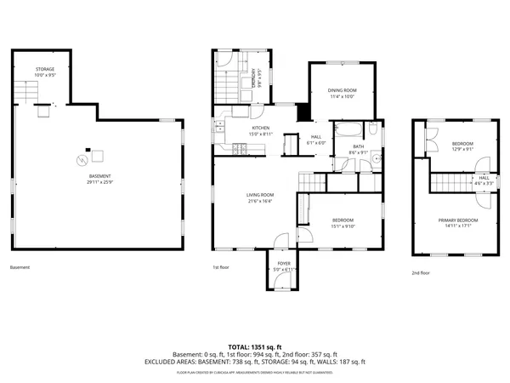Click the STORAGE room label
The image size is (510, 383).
[x=44, y=68]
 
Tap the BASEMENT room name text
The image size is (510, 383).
[x=99, y=177]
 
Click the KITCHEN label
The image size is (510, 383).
[x=236, y=128]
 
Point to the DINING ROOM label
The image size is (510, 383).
[x=343, y=90]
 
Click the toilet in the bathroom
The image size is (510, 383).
[x=372, y=129]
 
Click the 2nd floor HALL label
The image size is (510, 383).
[x=483, y=178]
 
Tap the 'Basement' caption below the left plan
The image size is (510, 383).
[x=20, y=267]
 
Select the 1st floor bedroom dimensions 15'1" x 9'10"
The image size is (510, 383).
[x=343, y=226]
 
